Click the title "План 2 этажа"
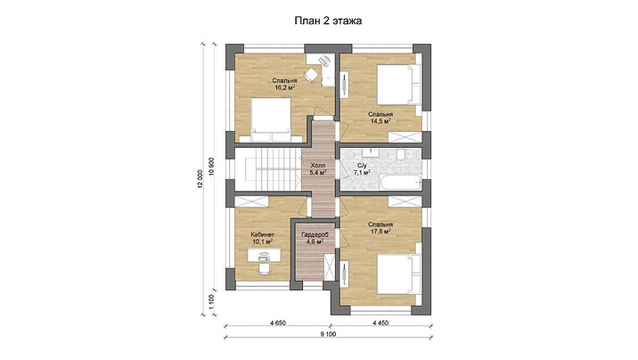click(328, 21)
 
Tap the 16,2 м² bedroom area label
click(284, 84)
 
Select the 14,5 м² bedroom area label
click(380, 118)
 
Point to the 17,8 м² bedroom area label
click(380, 228)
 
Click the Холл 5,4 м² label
click(318, 169)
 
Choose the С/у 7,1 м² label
click(361, 169)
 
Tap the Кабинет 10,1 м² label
click(263, 238)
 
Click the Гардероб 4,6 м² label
click(315, 238)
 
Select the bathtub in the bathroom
click(400, 183)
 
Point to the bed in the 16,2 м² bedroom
click(271, 119)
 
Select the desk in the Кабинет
click(264, 255)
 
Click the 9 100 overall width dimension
click(328, 334)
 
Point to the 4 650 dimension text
click(278, 323)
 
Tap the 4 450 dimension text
click(380, 323)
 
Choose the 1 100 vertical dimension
click(211, 302)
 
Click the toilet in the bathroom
click(401, 154)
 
